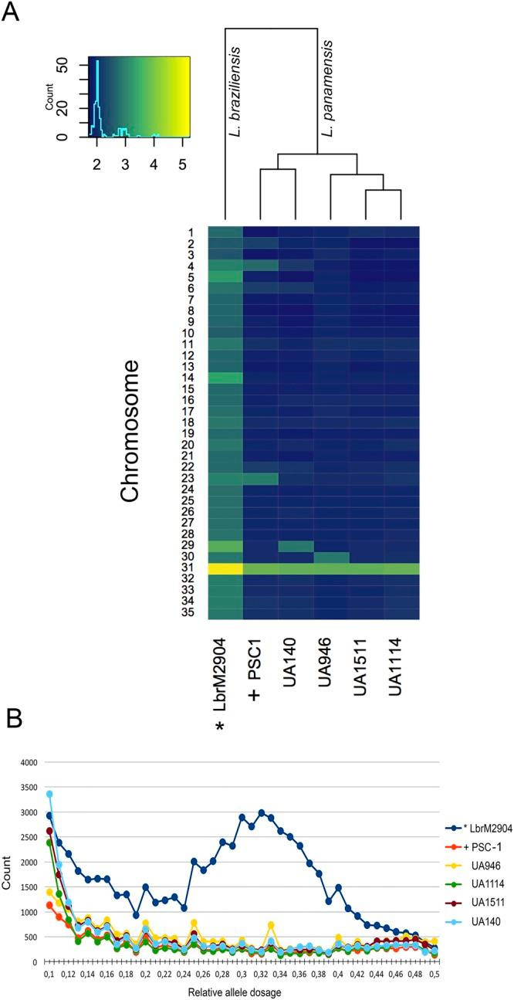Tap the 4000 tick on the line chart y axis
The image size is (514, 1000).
click(x=27, y=762)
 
